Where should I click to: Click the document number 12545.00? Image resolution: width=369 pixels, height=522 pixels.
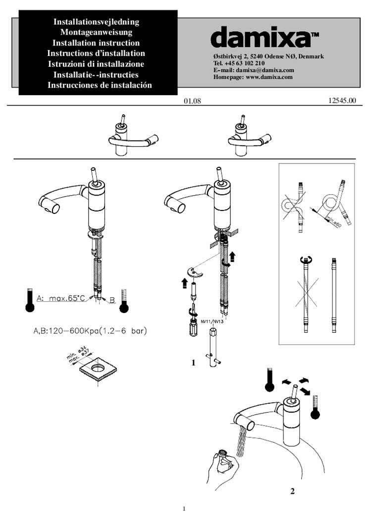342,101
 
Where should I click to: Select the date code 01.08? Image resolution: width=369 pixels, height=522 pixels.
192,101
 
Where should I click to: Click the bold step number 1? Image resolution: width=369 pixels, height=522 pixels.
194,363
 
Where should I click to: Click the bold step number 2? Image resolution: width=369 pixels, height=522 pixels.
292,491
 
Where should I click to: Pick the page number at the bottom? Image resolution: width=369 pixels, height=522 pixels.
184,509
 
